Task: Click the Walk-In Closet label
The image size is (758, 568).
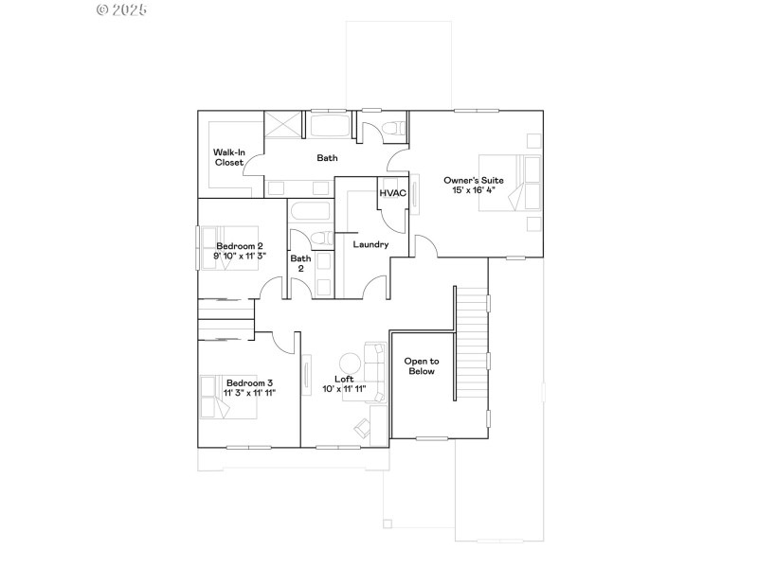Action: (x=228, y=157)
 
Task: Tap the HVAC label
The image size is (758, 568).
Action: (x=393, y=193)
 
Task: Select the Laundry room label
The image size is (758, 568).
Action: (x=370, y=244)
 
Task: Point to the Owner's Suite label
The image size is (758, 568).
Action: (x=474, y=180)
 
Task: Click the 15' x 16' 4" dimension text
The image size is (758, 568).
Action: (x=474, y=190)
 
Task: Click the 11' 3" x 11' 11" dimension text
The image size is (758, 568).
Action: (x=249, y=392)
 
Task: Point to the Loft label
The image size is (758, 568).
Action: (x=344, y=378)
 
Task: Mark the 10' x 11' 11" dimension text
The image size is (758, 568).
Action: (x=344, y=388)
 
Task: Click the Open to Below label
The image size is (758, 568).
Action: (x=421, y=366)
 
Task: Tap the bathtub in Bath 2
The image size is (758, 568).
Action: (x=309, y=213)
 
